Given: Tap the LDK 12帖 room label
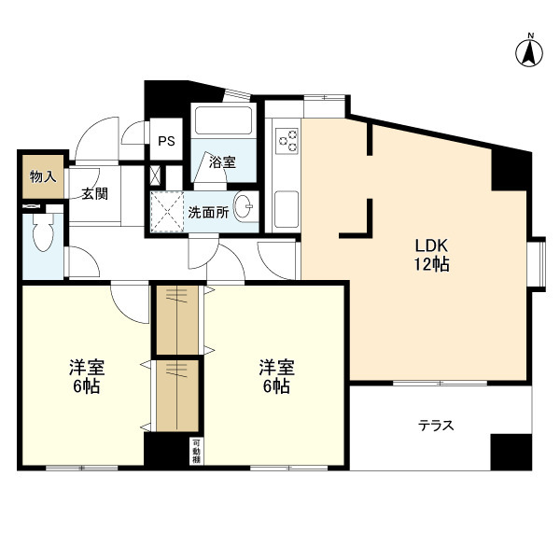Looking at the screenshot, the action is [x=431, y=255].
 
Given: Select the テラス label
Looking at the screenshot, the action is [x=436, y=426].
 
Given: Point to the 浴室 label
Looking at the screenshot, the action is [x=222, y=162].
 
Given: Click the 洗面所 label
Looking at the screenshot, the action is [x=208, y=213].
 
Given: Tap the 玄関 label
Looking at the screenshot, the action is [x=94, y=194].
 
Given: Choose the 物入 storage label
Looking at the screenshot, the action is [x=43, y=176].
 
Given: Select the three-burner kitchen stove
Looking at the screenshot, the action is [x=287, y=141].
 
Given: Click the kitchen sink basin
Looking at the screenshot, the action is [x=287, y=208].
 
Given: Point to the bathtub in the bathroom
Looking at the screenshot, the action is [x=223, y=120].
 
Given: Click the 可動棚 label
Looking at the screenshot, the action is [x=196, y=452].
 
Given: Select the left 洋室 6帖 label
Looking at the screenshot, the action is [x=87, y=377].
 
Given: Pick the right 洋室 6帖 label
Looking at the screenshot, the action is [x=276, y=377].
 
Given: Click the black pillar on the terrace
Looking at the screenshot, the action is [x=511, y=452].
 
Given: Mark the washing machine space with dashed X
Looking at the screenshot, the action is [x=167, y=212].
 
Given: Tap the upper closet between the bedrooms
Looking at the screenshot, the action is [x=177, y=319].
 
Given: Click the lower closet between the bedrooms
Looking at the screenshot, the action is [x=177, y=396].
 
